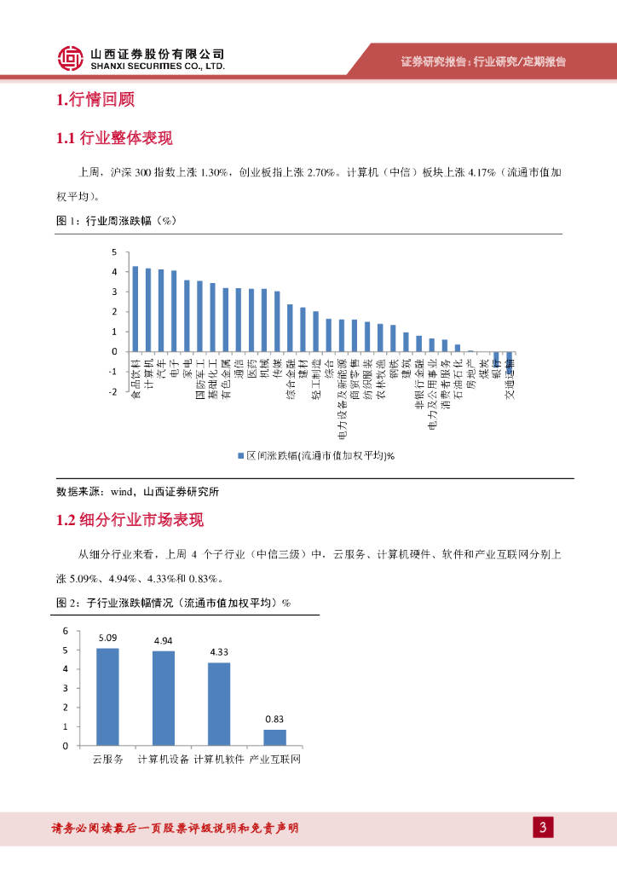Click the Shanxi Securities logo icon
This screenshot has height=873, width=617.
point(71,58)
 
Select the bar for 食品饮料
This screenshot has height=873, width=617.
point(135,309)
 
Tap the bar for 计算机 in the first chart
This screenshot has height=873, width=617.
point(148,309)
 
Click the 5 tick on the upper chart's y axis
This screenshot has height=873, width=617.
point(113,252)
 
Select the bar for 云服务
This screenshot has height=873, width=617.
point(107,697)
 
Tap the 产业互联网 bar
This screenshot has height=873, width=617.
point(274,737)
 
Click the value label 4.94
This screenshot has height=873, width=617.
point(164,640)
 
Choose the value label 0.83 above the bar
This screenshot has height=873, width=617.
point(274,719)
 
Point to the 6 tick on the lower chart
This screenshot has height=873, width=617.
point(65,631)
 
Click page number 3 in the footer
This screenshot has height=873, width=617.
point(542,827)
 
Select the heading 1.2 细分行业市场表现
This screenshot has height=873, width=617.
point(130,520)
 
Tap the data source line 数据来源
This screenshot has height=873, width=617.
point(137,492)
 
